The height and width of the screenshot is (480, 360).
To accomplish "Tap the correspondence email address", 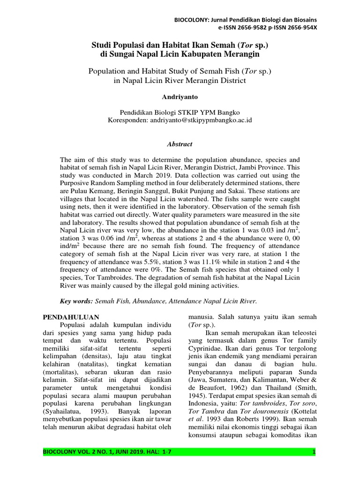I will pos(201,120).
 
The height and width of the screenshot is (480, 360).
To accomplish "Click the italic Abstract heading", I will pos(180,144).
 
